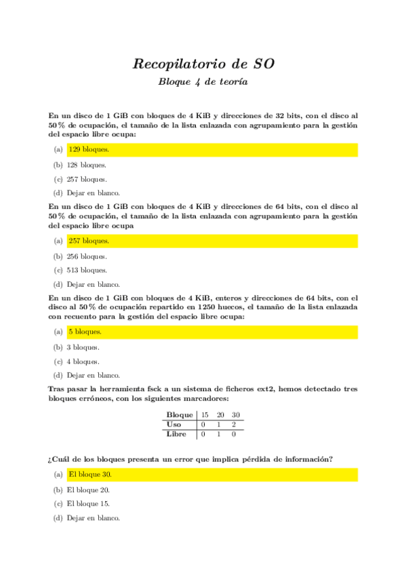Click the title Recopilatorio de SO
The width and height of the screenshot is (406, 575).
point(203,64)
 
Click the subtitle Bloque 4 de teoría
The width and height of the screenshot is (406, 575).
point(203,82)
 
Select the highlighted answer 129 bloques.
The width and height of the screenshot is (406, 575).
point(89,149)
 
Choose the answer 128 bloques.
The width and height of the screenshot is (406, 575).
point(86,165)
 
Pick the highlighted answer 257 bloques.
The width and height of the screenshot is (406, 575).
point(89,241)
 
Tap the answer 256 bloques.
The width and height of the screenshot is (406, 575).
point(86,256)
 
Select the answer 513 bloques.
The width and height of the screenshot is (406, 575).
point(86,271)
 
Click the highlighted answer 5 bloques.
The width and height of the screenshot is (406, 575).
point(85,332)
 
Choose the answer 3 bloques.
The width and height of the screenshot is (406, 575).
point(83,347)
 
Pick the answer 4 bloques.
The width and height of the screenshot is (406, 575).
point(83,361)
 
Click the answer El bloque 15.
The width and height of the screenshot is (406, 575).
point(88,504)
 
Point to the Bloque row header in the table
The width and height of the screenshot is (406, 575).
point(180,415)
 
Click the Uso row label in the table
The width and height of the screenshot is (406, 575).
point(174,424)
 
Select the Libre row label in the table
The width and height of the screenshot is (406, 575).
point(177,434)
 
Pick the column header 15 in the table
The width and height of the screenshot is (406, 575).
point(203,415)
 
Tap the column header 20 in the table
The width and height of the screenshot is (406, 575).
point(220,415)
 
